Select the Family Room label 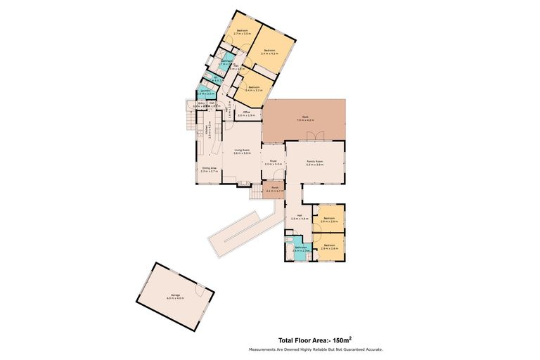pos(314,163)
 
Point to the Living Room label pos(243,151)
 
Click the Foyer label pos(273,162)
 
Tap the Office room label pos(246,114)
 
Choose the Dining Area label pos(209,169)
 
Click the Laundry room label pos(205,92)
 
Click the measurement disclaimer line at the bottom pos(315,349)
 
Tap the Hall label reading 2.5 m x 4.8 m pos(300,217)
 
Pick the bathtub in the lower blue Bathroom pos(290,247)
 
